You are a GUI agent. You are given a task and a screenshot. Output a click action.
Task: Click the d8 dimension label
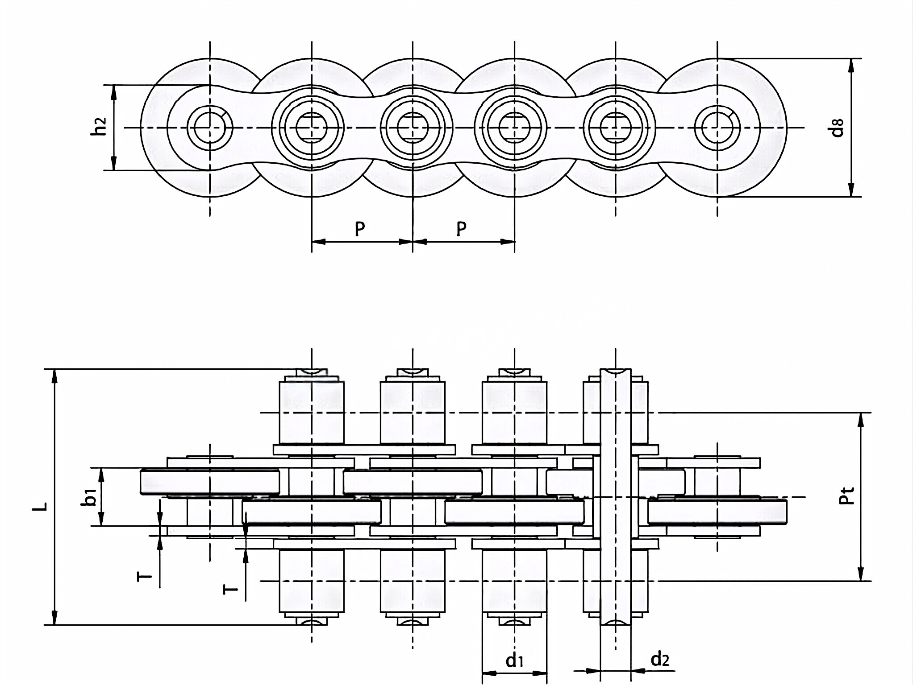coord(838,128)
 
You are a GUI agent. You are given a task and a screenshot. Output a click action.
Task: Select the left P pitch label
coord(360,229)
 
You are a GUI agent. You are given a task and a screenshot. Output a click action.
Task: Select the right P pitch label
coord(461,229)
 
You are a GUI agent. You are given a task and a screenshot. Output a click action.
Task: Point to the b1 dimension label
coord(91,497)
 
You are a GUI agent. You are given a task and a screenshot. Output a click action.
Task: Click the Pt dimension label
coord(846,496)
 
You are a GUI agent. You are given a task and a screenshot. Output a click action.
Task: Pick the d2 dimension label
coord(660,659)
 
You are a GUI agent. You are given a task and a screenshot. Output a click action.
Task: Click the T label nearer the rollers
coord(231,590)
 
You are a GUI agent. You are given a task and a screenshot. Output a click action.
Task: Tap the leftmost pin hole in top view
coord(209,128)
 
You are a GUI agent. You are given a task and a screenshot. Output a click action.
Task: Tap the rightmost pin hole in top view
coord(717,128)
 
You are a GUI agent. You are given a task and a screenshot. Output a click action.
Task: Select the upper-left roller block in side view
coord(311,413)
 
